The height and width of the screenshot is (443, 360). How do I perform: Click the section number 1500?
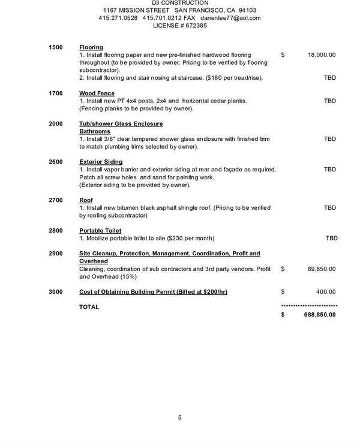(56, 47)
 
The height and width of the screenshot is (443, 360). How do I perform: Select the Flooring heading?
(91, 47)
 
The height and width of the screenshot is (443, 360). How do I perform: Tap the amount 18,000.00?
(321, 55)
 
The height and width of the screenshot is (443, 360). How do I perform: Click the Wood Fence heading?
(97, 94)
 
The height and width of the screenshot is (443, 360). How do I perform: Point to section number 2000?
(56, 123)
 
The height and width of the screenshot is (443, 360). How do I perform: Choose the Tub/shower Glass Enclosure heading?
(121, 123)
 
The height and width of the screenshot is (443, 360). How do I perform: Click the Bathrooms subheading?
(95, 131)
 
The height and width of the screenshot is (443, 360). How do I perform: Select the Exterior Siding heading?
(101, 162)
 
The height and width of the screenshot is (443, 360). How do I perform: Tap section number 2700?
(56, 200)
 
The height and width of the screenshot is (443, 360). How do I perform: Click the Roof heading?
(86, 200)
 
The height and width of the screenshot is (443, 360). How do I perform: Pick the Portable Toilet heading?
(100, 231)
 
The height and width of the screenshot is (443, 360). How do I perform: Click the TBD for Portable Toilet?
(331, 239)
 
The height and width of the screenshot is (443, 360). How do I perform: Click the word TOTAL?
(89, 307)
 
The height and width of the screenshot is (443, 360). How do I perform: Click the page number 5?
(179, 418)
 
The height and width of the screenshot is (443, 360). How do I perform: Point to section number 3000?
(56, 292)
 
